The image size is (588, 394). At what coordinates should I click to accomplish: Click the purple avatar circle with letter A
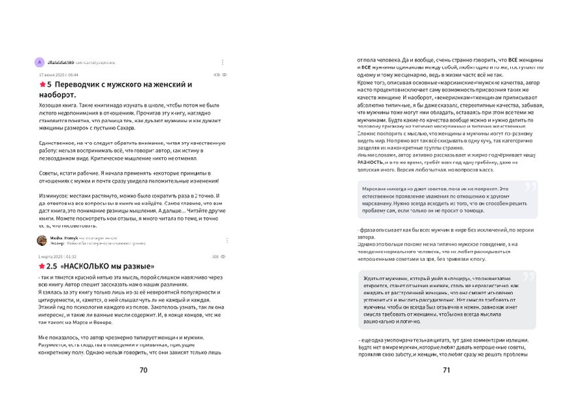click(x=40, y=63)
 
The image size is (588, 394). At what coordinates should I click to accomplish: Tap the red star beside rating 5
click(x=42, y=85)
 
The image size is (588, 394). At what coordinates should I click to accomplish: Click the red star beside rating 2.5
click(x=42, y=266)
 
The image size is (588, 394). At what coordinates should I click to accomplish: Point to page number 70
click(x=144, y=371)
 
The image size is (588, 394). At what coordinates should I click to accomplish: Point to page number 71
click(x=447, y=371)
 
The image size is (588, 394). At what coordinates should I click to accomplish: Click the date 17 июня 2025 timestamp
click(x=58, y=75)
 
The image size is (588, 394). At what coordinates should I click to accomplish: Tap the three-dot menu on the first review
click(x=222, y=63)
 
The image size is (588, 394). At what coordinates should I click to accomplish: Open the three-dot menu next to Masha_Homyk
click(x=222, y=240)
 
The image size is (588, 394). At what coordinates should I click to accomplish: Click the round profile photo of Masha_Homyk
click(x=41, y=240)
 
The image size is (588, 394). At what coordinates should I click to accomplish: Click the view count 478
click(x=216, y=75)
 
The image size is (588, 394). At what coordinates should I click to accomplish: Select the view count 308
click(x=216, y=256)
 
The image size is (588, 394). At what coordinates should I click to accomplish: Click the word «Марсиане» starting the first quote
click(x=374, y=188)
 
